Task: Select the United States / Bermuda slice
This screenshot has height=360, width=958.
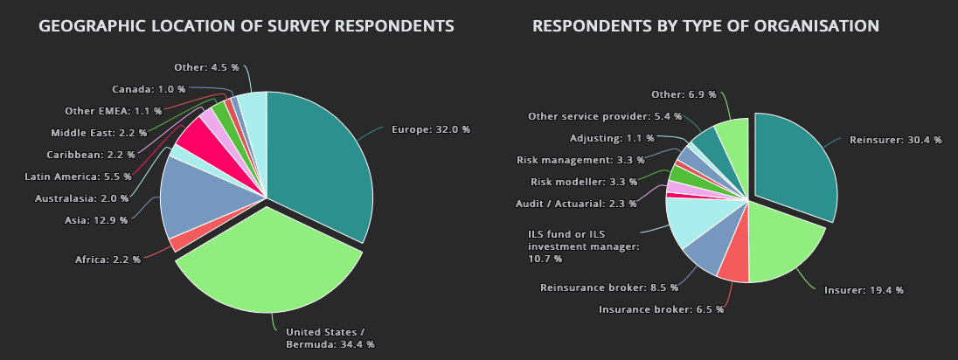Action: click(271, 262)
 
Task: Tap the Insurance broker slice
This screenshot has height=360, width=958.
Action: click(735, 262)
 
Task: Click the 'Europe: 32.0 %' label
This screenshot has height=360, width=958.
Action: click(430, 129)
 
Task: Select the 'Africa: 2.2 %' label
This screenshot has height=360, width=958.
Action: click(108, 260)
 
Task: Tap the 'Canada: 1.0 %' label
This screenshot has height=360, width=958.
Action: click(149, 89)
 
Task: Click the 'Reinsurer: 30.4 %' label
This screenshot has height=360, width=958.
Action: click(895, 140)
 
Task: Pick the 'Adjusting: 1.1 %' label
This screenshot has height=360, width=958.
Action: click(611, 138)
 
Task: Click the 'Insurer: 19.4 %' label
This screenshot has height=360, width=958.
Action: click(864, 290)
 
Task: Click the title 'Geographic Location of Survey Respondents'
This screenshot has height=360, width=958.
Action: click(246, 26)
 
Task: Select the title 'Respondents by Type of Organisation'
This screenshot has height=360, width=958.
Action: click(706, 26)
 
